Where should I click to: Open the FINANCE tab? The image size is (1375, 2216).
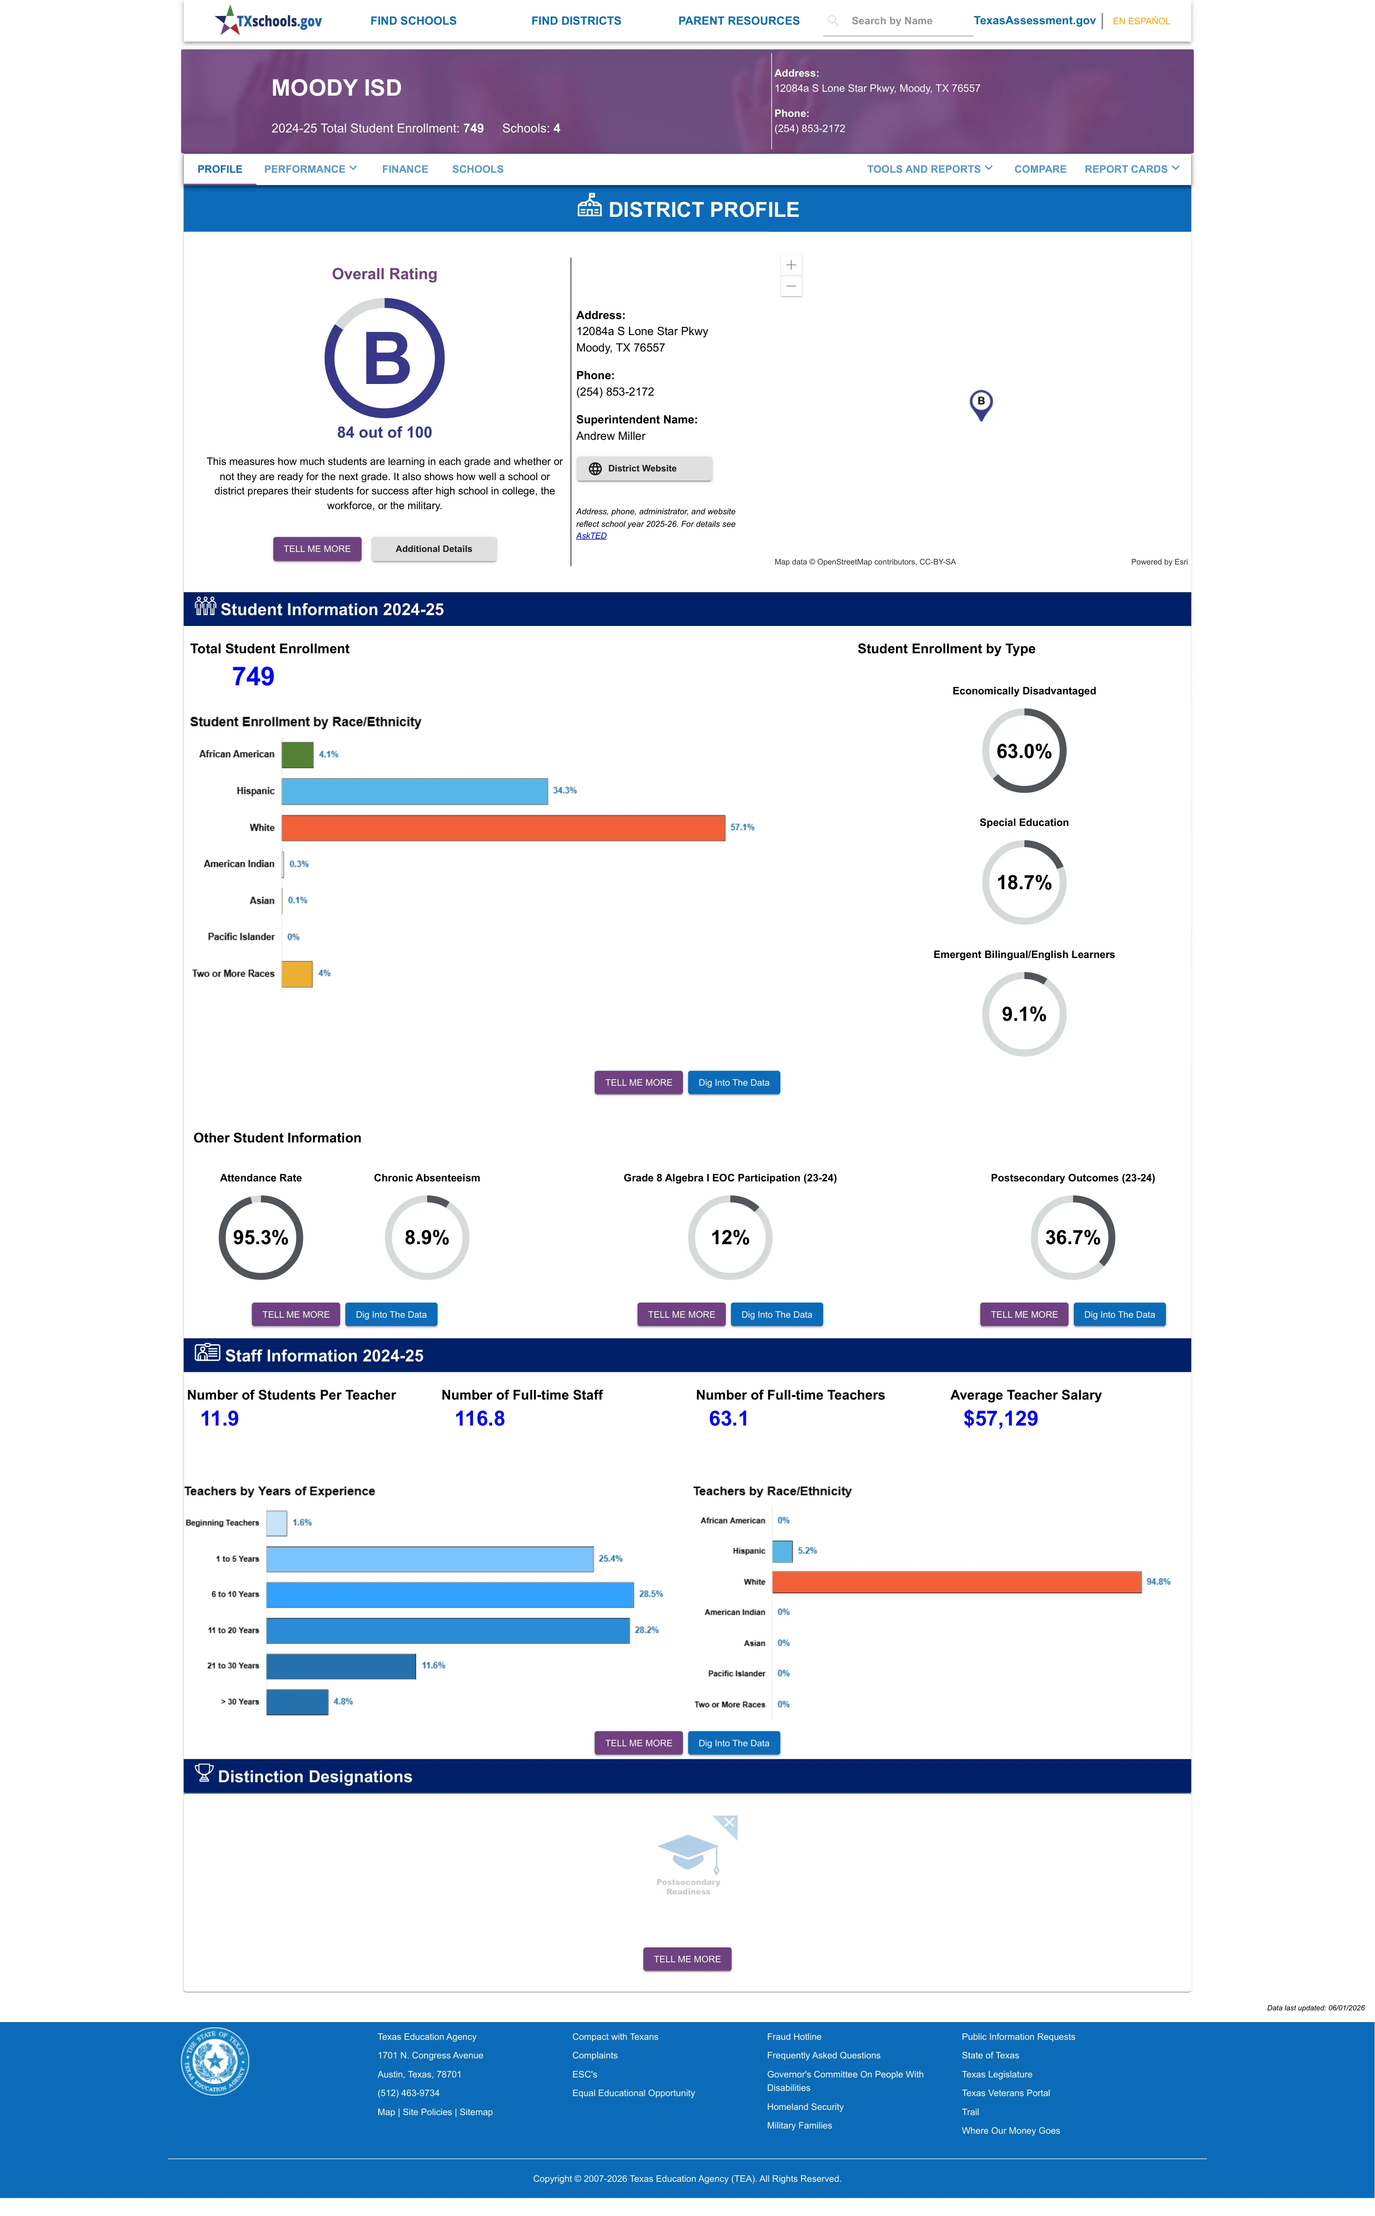tap(405, 169)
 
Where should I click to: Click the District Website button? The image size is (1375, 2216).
tap(644, 468)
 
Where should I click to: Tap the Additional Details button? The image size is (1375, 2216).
tap(434, 549)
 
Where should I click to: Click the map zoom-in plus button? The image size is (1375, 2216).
tap(791, 265)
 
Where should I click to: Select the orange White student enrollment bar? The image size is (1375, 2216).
tap(503, 827)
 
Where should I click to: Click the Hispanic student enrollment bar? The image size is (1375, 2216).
tap(415, 791)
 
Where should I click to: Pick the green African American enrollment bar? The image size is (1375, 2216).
tap(297, 755)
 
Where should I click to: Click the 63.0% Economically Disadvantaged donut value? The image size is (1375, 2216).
tap(1024, 751)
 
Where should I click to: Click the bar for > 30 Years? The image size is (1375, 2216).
tap(297, 1701)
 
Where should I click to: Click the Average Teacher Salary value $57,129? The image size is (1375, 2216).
tap(1000, 1419)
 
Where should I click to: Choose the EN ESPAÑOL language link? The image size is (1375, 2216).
tap(1141, 21)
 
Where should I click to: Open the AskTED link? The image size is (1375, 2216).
tap(591, 535)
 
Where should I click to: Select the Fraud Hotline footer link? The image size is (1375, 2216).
tap(794, 2037)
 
